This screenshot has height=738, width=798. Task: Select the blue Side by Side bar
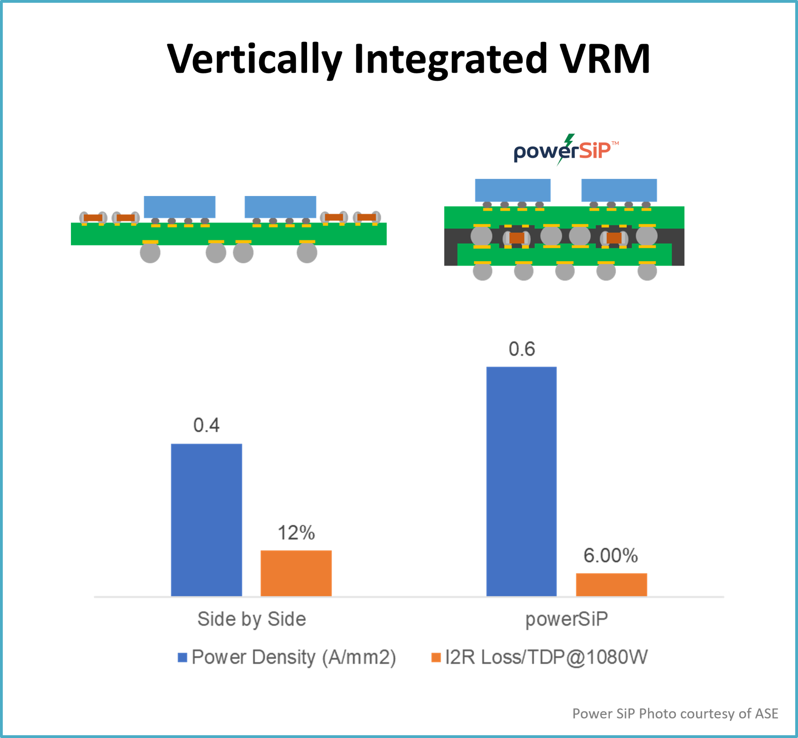(207, 519)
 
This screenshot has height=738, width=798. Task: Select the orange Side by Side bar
(296, 573)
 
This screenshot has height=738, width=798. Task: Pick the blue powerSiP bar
(521, 481)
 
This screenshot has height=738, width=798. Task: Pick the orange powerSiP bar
(611, 584)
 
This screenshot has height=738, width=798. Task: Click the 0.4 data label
(207, 425)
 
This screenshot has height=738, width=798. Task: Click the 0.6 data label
(522, 349)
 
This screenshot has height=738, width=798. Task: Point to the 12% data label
(296, 533)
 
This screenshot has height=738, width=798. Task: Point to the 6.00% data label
(611, 556)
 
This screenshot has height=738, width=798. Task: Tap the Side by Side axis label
(252, 619)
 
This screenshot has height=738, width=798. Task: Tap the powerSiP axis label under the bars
(566, 619)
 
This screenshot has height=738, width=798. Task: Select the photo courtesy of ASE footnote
(675, 713)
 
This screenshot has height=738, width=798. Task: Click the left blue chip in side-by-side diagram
(179, 207)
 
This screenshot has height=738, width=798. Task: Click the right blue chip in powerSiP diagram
(619, 190)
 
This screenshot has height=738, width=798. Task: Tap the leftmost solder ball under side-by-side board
(150, 253)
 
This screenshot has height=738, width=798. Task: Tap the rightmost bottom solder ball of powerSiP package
(647, 271)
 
